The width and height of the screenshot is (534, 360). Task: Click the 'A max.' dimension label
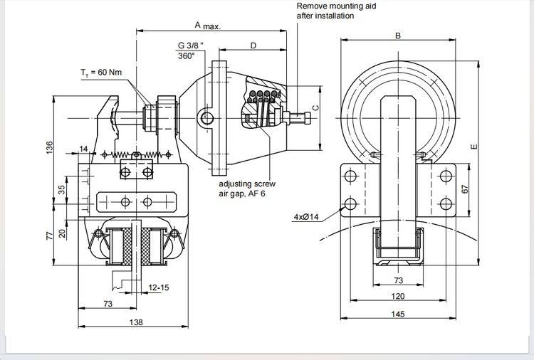[207, 26]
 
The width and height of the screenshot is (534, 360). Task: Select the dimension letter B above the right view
[398, 36]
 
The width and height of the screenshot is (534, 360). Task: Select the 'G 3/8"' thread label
[190, 46]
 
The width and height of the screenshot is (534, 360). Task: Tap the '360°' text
[186, 56]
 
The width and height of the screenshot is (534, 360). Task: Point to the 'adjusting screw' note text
[246, 183]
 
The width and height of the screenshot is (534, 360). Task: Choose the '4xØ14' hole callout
[307, 216]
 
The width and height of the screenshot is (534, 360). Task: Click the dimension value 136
[50, 147]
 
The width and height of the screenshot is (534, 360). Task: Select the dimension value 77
[50, 235]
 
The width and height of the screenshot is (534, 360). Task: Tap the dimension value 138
[137, 322]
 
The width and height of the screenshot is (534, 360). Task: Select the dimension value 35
[62, 189]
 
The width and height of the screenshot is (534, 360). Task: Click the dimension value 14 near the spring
[84, 149]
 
